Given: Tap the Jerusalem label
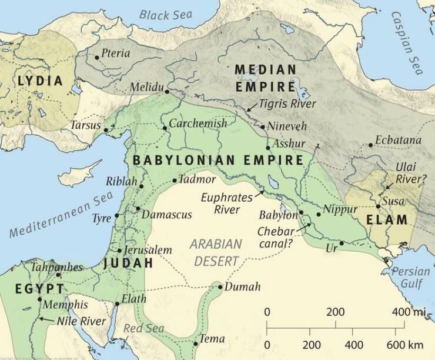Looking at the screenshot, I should pyautogui.click(x=149, y=250).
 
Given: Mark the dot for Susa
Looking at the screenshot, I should pyautogui.click(x=378, y=206).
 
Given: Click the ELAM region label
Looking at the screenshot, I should pyautogui.click(x=386, y=221).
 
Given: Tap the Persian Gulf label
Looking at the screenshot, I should pyautogui.click(x=411, y=277).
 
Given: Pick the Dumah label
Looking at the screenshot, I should pyautogui.click(x=239, y=288).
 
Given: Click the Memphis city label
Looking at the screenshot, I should pyautogui.click(x=66, y=305).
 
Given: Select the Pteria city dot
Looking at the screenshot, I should pyautogui.click(x=97, y=57).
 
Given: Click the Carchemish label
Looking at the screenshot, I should pyautogui.click(x=198, y=124).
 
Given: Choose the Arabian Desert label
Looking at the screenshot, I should pyautogui.click(x=216, y=252).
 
